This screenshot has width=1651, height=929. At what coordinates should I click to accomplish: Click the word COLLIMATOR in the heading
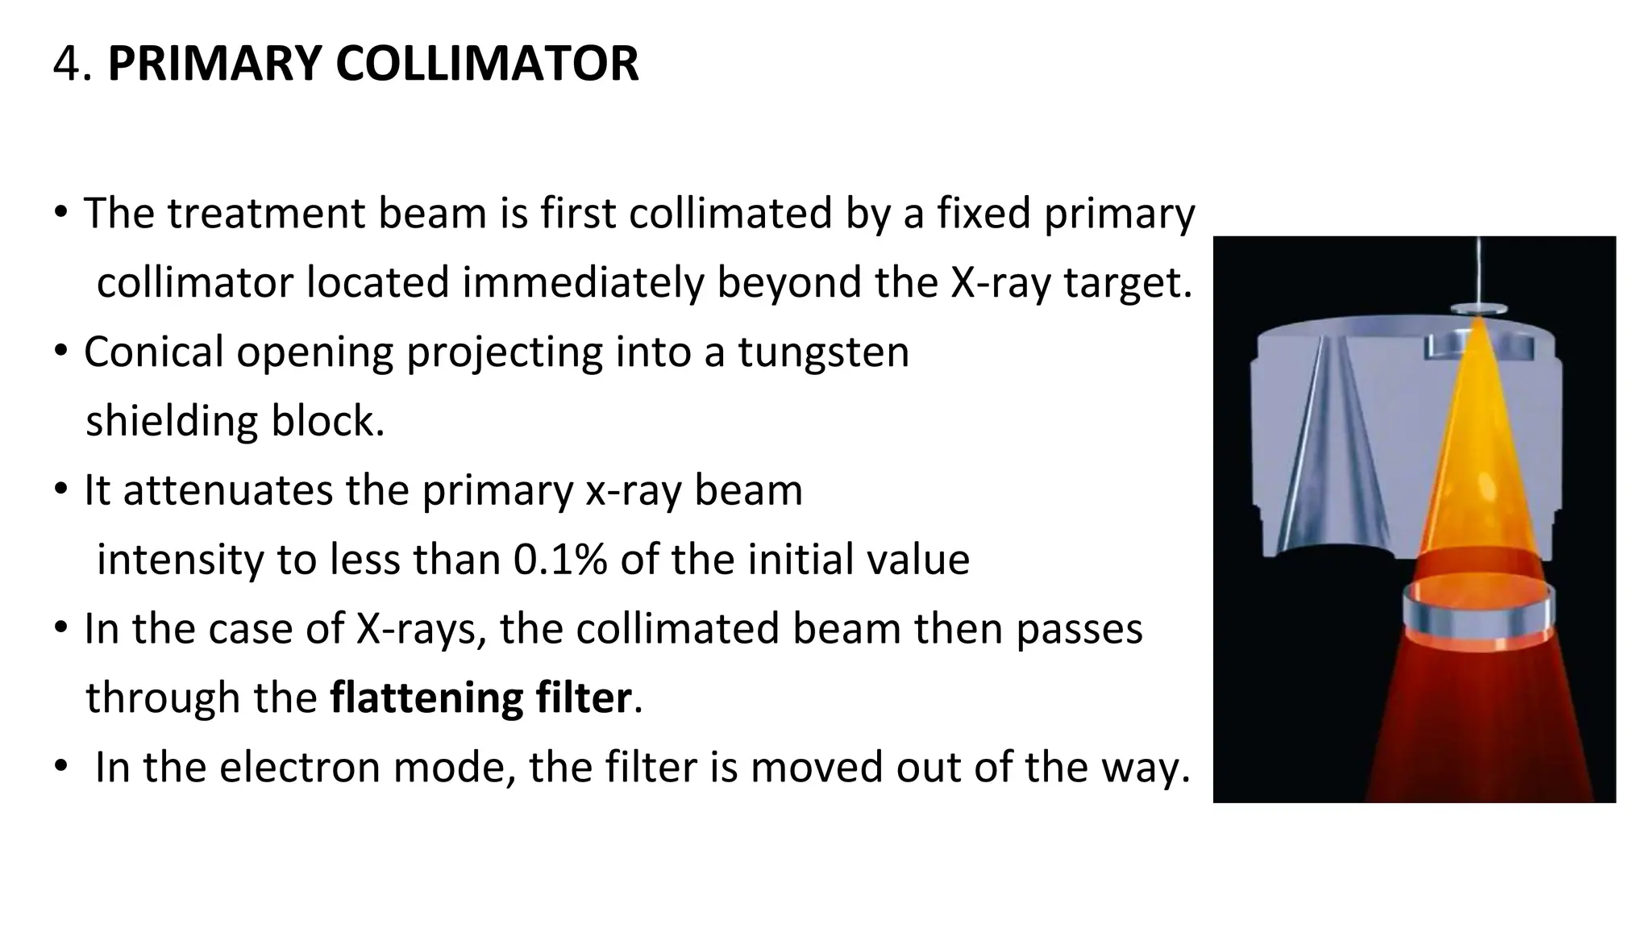[x=487, y=64]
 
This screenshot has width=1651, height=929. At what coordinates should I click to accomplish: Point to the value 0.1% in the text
[x=559, y=560]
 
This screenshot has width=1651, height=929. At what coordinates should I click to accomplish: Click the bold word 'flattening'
[x=426, y=698]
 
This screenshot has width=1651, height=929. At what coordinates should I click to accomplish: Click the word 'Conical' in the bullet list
[x=153, y=352]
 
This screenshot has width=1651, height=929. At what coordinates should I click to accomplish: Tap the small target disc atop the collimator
[x=1479, y=309]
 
